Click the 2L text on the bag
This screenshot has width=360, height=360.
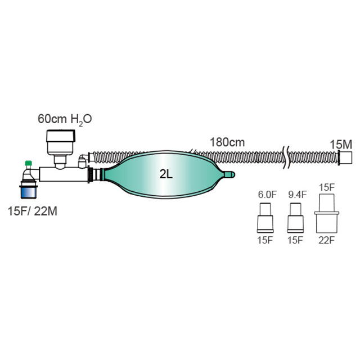pyautogui.click(x=165, y=174)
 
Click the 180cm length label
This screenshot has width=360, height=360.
pyautogui.click(x=227, y=142)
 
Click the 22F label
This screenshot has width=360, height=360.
pyautogui.click(x=327, y=240)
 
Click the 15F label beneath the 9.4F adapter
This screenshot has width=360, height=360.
pyautogui.click(x=296, y=240)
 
